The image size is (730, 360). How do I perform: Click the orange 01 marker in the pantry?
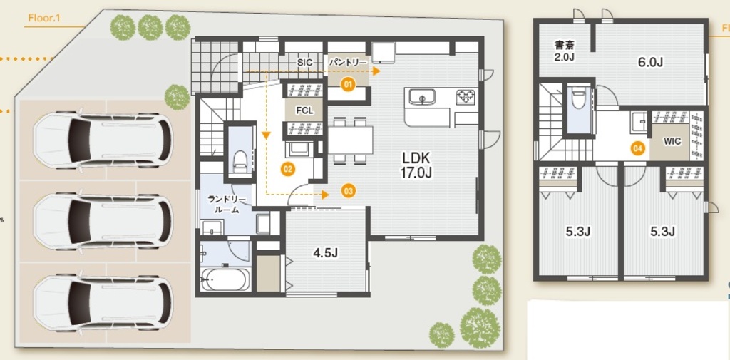(348, 85)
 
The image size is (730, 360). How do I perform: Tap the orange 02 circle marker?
(288, 169)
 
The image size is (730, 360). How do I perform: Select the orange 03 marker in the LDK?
(348, 190)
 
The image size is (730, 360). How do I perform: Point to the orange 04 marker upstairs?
(638, 148)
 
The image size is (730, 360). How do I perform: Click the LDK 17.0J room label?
(416, 165)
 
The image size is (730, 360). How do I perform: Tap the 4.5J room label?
(325, 253)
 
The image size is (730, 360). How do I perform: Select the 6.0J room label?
(650, 63)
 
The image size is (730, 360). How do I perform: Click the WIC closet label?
(672, 141)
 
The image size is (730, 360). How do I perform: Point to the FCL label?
(304, 111)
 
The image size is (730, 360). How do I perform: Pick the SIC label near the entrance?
(304, 62)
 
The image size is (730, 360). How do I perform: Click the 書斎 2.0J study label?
(565, 50)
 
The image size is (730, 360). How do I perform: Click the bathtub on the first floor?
(225, 279)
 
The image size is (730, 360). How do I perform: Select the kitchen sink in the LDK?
(422, 98)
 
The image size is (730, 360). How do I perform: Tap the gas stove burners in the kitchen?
(466, 96)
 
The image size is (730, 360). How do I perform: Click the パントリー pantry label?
(348, 62)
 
